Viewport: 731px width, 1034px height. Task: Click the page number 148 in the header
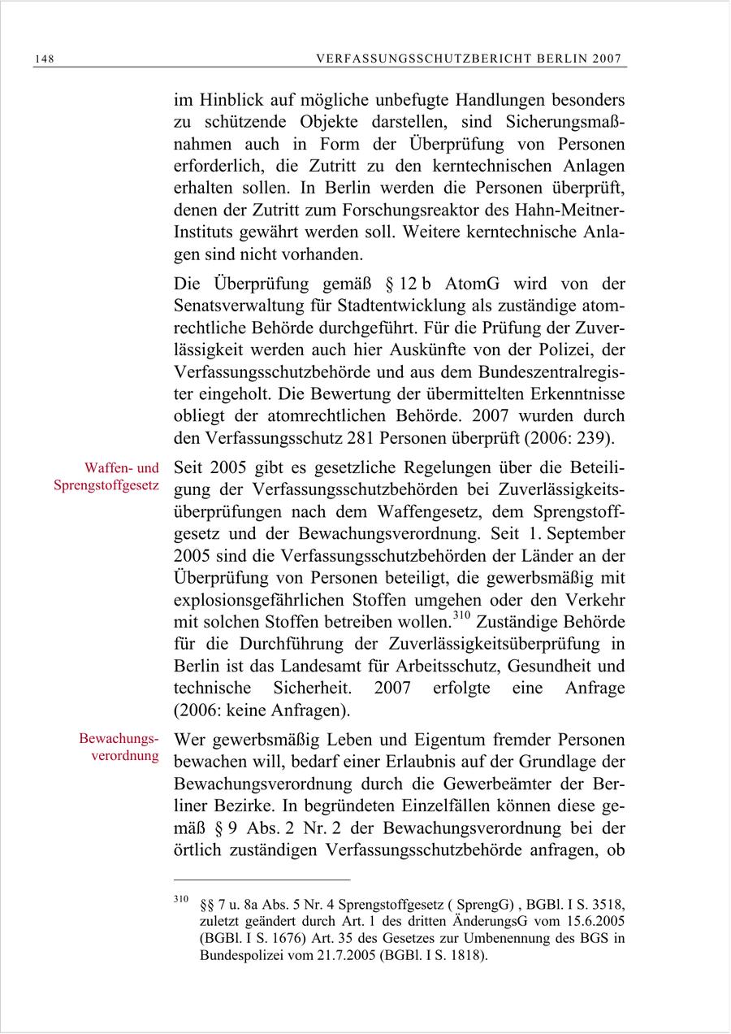pyautogui.click(x=44, y=59)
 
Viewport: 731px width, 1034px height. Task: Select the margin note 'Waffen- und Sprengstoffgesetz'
pyautogui.click(x=106, y=478)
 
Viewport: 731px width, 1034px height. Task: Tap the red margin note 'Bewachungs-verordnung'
pyautogui.click(x=118, y=749)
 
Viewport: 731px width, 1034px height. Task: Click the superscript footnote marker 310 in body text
pyautogui.click(x=461, y=618)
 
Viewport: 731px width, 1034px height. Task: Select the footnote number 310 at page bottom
pyautogui.click(x=181, y=900)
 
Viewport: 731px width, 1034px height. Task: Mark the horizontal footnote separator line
pyautogui.click(x=262, y=880)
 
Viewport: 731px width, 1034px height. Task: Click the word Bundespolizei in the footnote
pyautogui.click(x=241, y=954)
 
